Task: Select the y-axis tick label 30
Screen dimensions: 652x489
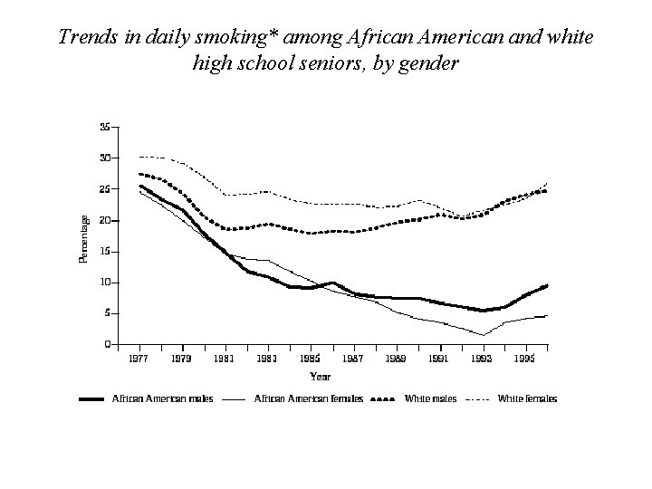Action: [x=105, y=158]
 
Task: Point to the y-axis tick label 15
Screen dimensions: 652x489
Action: [x=105, y=252]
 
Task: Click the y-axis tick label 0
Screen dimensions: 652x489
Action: [x=108, y=344]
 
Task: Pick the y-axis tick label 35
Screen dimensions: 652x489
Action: [x=105, y=128]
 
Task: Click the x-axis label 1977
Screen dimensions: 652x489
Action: [x=139, y=359]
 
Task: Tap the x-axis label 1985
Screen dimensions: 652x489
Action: [x=311, y=359]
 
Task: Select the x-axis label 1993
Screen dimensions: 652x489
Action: [x=482, y=359]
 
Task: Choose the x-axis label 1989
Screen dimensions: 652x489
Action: [x=396, y=359]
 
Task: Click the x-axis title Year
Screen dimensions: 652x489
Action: [x=321, y=377]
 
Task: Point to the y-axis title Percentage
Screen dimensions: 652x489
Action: [x=83, y=239]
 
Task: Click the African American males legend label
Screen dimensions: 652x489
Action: [x=163, y=399]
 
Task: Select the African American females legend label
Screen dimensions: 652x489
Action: [x=309, y=399]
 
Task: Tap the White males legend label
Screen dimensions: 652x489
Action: [x=430, y=399]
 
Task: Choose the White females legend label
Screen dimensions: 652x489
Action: [x=527, y=399]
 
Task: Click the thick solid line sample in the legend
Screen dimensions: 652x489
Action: [x=91, y=399]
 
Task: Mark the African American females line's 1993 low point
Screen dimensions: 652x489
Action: [x=484, y=335]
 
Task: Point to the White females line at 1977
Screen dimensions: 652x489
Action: [x=139, y=157]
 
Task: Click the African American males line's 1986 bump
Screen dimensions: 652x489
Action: [x=332, y=283]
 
